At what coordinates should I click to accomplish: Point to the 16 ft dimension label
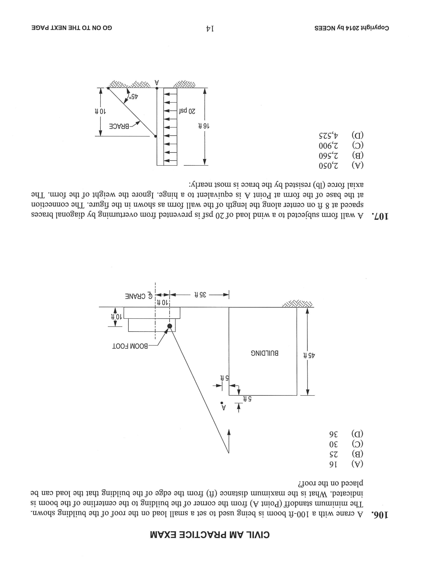[x=204, y=126]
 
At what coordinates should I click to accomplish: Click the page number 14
[x=210, y=28]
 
